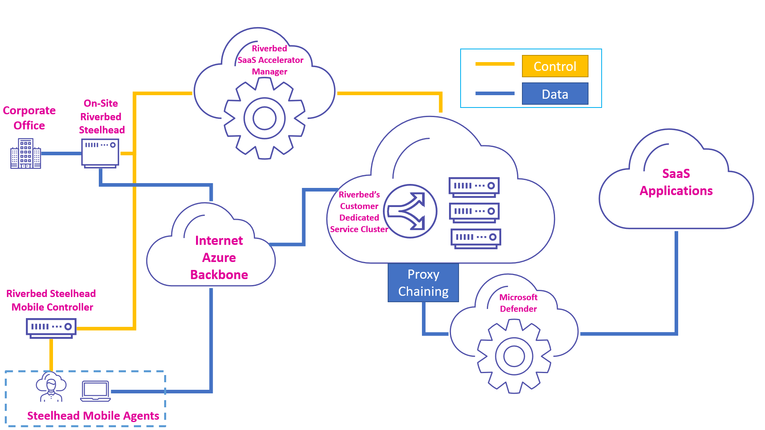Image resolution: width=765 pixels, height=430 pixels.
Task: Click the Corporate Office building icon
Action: pos(25,154)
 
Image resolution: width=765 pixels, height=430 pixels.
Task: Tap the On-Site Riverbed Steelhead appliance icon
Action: pos(100,153)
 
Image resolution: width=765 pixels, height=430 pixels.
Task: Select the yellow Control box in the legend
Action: pos(555,66)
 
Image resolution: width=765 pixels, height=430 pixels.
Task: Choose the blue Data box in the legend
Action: pos(555,94)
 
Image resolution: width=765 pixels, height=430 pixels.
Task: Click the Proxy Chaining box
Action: pos(423,283)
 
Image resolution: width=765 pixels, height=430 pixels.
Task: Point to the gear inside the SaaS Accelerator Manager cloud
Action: pos(264,118)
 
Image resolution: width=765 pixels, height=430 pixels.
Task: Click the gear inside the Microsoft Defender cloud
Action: pos(514,356)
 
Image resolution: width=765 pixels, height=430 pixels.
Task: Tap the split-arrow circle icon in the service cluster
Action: pos(410,211)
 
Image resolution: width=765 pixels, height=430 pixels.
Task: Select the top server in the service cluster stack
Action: pos(474,187)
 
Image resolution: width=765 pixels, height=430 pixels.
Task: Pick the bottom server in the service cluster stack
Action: pos(475,238)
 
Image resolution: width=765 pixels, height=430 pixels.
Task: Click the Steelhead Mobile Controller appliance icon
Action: pos(51,328)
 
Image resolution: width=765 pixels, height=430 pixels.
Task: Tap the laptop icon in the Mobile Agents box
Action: pos(95,391)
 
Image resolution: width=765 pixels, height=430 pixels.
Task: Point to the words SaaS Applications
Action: pos(676,182)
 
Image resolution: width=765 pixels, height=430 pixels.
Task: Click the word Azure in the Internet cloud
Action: pos(219,258)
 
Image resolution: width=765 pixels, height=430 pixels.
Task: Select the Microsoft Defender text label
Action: pos(518,303)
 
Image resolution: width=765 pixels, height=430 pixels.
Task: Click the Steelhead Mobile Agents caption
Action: pos(93,416)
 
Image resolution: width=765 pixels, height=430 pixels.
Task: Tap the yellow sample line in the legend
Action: pos(494,64)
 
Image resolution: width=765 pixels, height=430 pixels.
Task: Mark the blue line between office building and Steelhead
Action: pos(61,153)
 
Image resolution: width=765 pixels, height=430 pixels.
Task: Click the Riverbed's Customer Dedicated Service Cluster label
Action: pos(359,212)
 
